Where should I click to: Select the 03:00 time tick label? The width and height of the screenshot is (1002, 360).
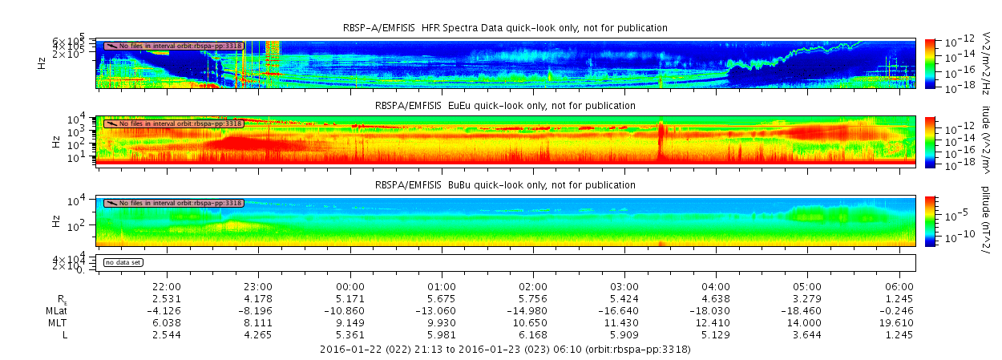pos(624,286)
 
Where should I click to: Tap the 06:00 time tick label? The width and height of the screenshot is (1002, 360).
pos(899,286)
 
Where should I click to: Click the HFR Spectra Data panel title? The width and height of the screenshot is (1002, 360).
pos(505,28)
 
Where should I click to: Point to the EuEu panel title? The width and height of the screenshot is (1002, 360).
pos(505,105)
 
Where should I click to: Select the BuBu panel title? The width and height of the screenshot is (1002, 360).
pos(505,185)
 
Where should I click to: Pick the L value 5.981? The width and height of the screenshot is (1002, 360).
pos(442,334)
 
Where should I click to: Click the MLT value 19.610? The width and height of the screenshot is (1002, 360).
pos(899,322)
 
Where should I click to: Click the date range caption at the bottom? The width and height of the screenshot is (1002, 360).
pos(505,350)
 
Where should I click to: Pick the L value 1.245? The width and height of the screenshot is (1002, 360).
pos(899,334)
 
